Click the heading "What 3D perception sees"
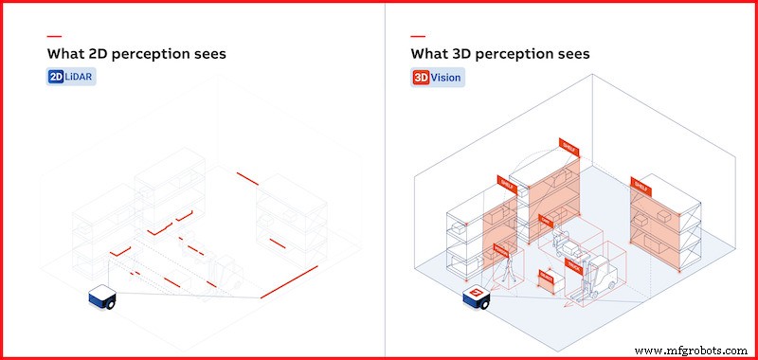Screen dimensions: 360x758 pyautogui.click(x=500, y=54)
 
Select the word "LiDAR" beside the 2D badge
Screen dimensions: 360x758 pyautogui.click(x=81, y=77)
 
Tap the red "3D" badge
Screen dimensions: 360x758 pyautogui.click(x=423, y=77)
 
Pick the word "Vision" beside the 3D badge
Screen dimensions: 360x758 pyautogui.click(x=446, y=77)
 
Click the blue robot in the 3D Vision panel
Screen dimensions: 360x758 pyautogui.click(x=476, y=297)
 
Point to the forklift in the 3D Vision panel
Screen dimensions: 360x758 pyautogui.click(x=598, y=272)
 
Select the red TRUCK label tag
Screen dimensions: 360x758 pyautogui.click(x=574, y=263)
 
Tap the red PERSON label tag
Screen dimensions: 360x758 pyautogui.click(x=500, y=251)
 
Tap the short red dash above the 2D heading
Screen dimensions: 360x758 pyautogui.click(x=54, y=36)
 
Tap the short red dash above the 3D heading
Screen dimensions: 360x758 pyautogui.click(x=418, y=36)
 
